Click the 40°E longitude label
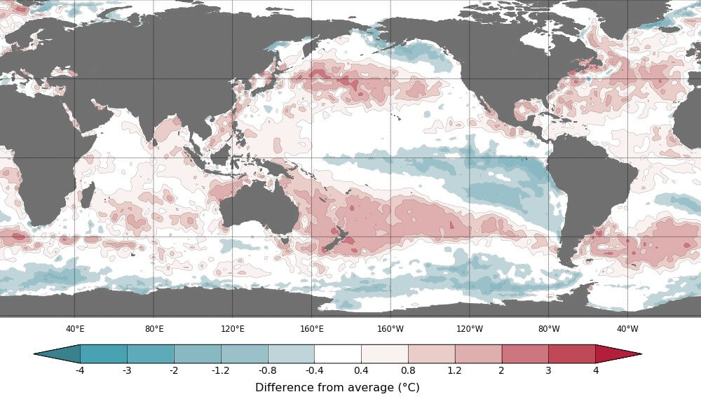[x=75, y=329]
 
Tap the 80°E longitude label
[x=154, y=329]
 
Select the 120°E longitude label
[x=233, y=329]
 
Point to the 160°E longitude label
[x=312, y=329]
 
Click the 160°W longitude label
[x=390, y=329]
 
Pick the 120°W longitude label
[x=470, y=329]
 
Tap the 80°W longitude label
[x=549, y=329]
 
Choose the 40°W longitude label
[x=627, y=329]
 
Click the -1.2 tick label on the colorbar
[x=221, y=370]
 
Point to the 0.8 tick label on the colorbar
[x=408, y=370]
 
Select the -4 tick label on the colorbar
[x=80, y=370]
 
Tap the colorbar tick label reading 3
[x=548, y=370]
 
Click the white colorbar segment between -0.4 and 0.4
[x=338, y=353]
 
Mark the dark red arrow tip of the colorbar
[x=617, y=353]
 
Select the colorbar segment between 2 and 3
[x=525, y=353]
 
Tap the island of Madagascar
[x=87, y=194]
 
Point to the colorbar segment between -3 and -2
[x=151, y=353]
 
